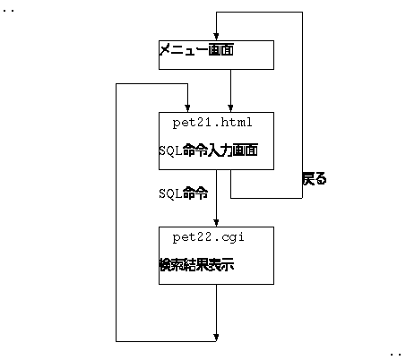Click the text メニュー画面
pyautogui.click(x=196, y=49)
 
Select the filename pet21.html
pyautogui.click(x=212, y=123)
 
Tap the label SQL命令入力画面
pyautogui.click(x=208, y=150)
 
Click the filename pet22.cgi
pyautogui.click(x=208, y=237)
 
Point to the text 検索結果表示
pyautogui.click(x=196, y=265)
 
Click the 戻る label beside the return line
pyautogui.click(x=315, y=178)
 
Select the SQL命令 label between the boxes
pyautogui.click(x=184, y=193)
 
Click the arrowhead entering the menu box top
pyautogui.click(x=216, y=37)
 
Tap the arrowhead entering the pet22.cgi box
pyautogui.click(x=216, y=223)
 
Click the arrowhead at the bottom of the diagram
pyautogui.click(x=216, y=338)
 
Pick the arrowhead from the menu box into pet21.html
pyautogui.click(x=230, y=108)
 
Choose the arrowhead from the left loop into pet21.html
pyautogui.click(x=187, y=108)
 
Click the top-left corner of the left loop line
pyautogui.click(x=116, y=84)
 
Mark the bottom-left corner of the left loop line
pyautogui.click(x=116, y=341)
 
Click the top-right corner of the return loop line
pyautogui.click(x=302, y=13)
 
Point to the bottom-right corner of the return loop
pyautogui.click(x=302, y=198)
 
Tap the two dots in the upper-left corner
pyautogui.click(x=8, y=11)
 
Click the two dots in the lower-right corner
pyautogui.click(x=395, y=355)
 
